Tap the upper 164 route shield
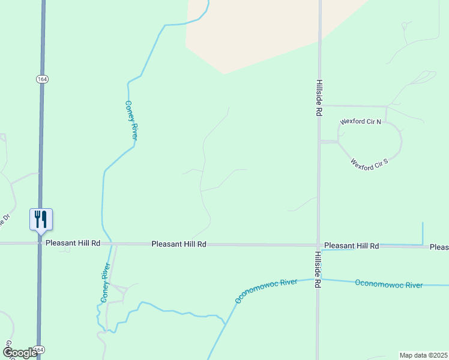(41, 79)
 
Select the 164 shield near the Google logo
(40, 349)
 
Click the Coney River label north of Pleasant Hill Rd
(131, 120)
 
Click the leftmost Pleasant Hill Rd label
(73, 243)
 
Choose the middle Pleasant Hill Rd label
(179, 244)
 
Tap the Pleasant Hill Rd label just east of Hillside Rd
(352, 246)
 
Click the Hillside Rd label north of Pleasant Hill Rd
(320, 97)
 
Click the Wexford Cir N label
(361, 121)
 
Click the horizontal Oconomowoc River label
(389, 284)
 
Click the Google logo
(20, 353)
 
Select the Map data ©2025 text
(423, 355)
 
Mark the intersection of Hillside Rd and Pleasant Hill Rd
(319, 245)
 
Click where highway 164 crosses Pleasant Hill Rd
(40, 244)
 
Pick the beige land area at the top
(258, 30)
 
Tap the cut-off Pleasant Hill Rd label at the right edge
(439, 247)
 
